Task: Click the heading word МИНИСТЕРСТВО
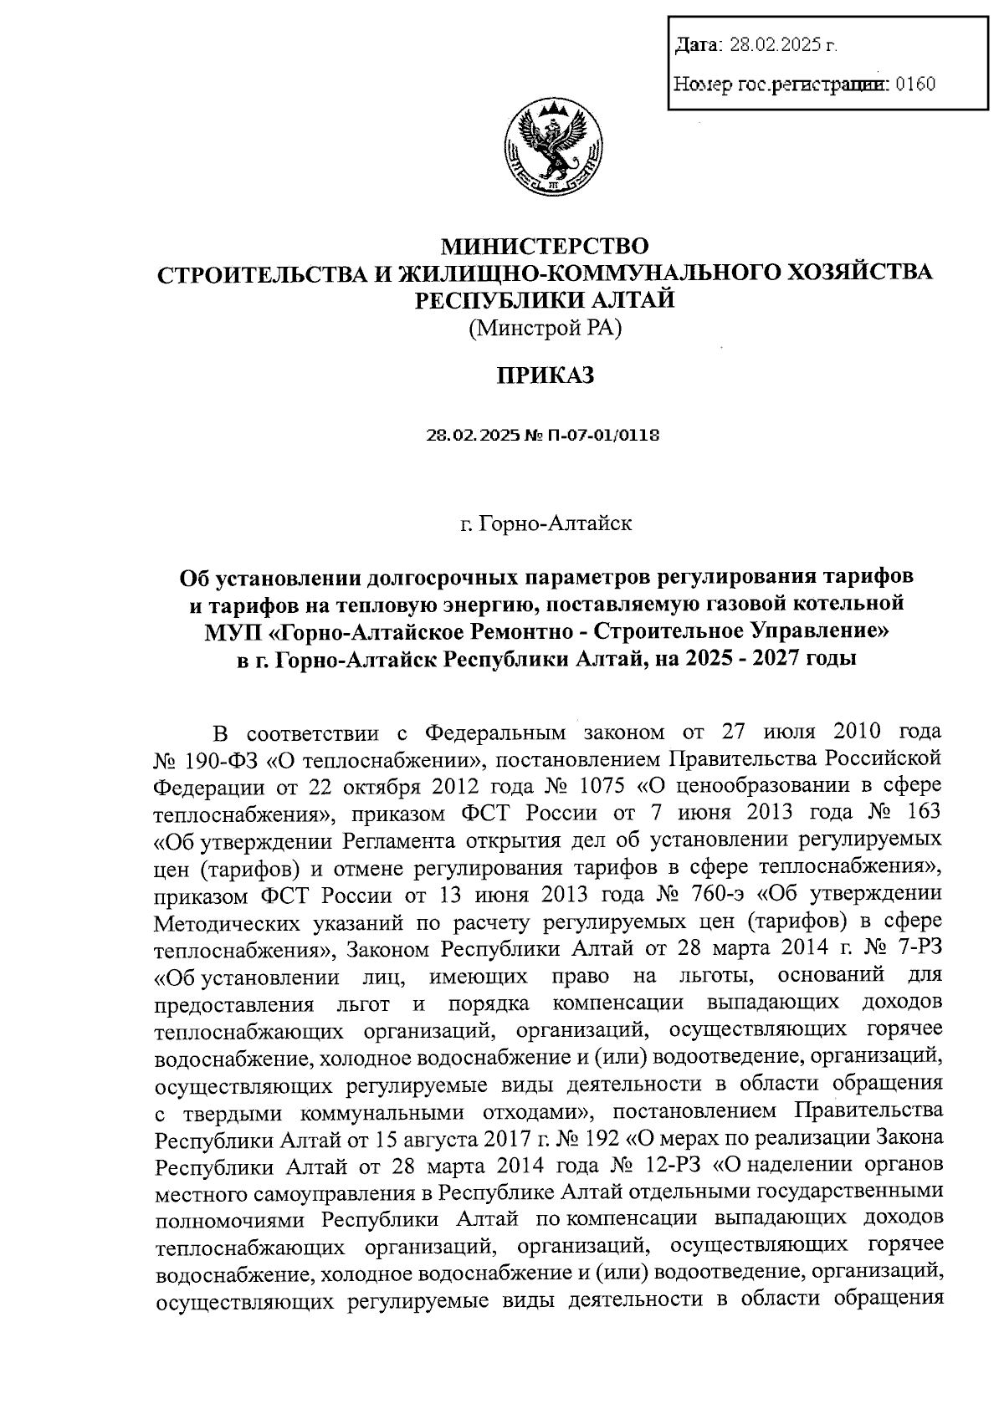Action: tap(545, 247)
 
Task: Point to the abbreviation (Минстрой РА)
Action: tap(545, 328)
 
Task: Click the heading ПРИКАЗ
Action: tap(545, 375)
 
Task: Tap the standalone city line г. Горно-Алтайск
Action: tap(545, 523)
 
